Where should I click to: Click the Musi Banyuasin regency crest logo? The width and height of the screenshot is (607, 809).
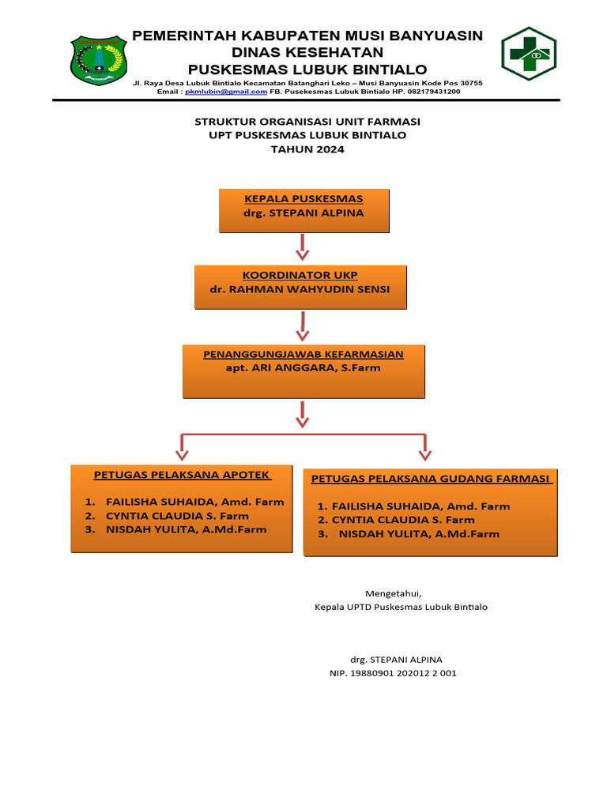[x=99, y=60]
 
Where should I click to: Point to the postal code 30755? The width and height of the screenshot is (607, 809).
[x=466, y=83]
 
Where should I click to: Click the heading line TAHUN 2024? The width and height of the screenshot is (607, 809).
[x=307, y=149]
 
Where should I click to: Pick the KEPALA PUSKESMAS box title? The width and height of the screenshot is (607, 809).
[x=304, y=198]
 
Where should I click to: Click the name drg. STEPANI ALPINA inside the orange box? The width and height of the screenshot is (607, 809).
[x=304, y=213]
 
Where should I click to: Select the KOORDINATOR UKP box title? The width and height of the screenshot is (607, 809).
[x=300, y=275]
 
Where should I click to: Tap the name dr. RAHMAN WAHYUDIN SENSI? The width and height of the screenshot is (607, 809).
[x=300, y=289]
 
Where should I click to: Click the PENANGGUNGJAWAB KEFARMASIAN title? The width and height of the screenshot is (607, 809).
[x=303, y=354]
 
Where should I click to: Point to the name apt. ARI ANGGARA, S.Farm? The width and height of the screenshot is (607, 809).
[x=303, y=367]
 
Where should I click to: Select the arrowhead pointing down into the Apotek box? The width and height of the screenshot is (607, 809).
[x=182, y=454]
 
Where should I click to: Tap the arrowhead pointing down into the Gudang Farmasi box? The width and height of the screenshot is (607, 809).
[x=425, y=454]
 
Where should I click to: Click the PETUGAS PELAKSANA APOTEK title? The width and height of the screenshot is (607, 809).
[x=183, y=476]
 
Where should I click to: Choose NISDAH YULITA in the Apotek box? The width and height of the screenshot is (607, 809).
[x=186, y=529]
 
